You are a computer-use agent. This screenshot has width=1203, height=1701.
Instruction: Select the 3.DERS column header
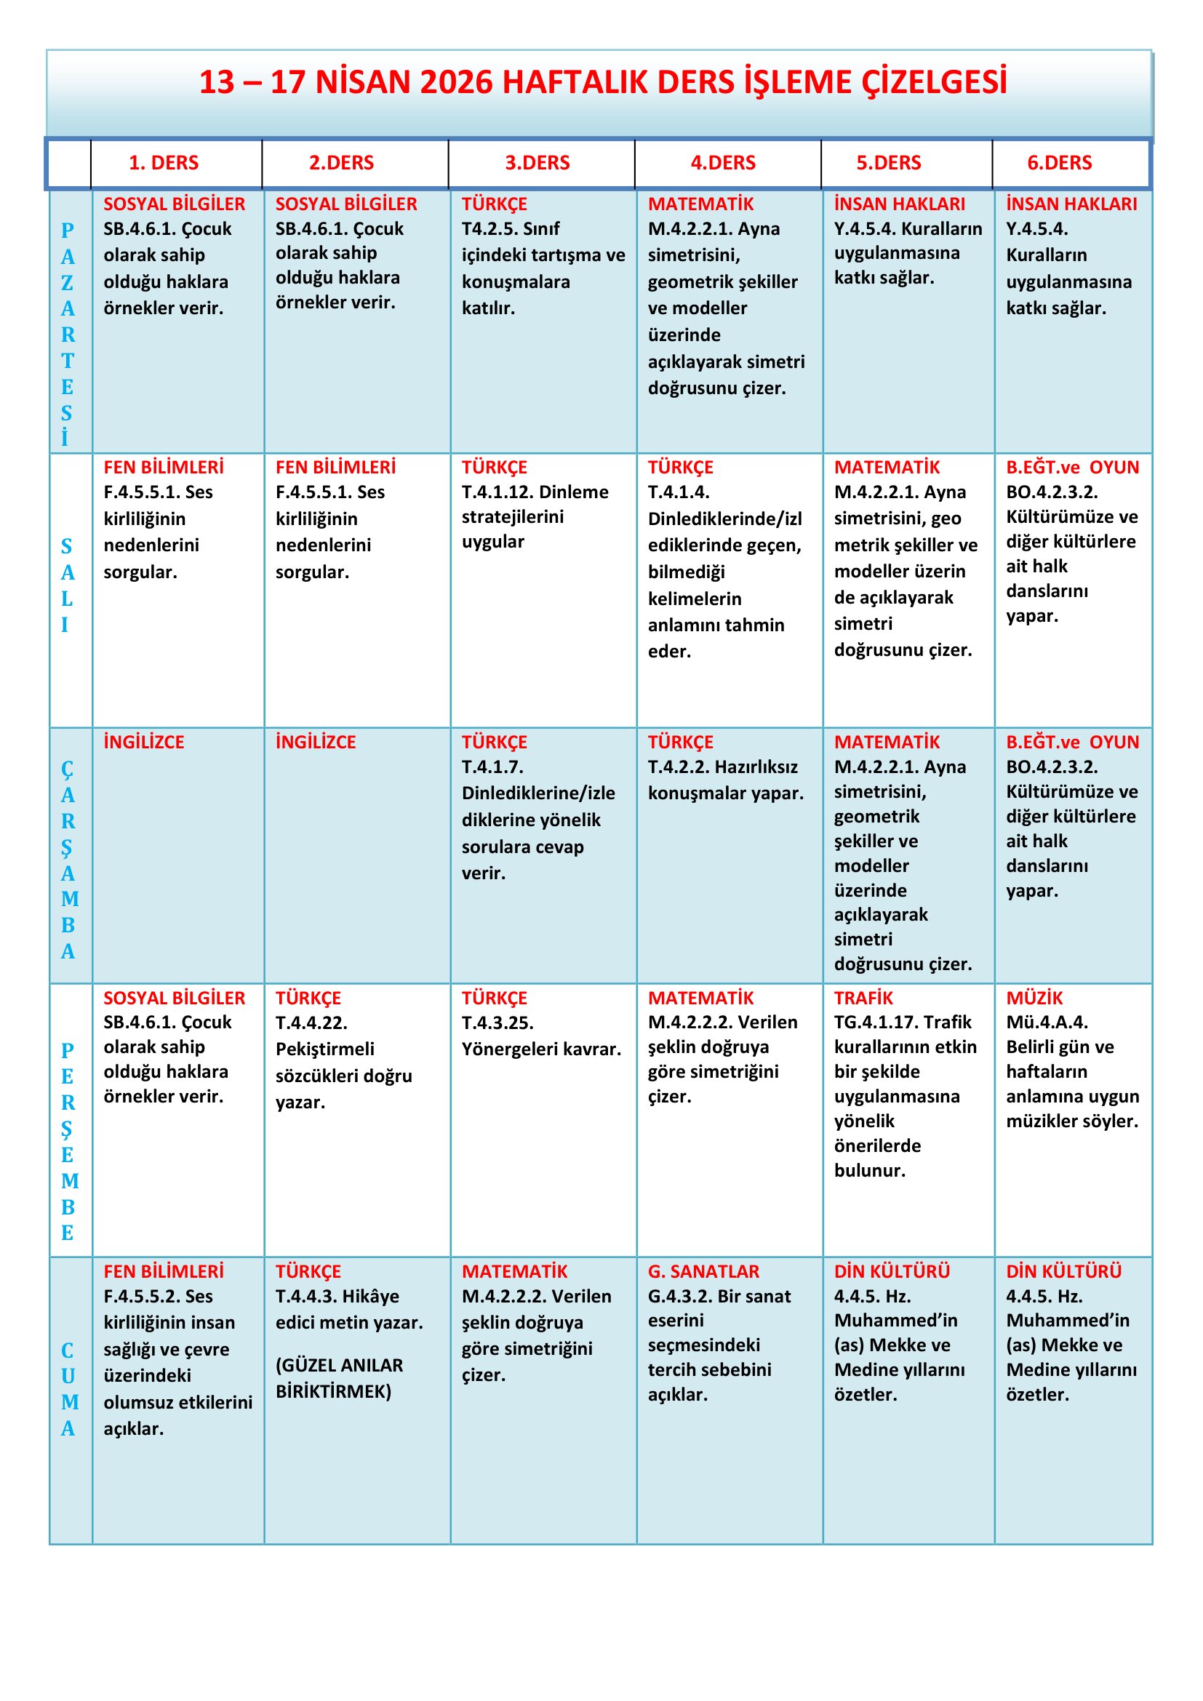pos(537,163)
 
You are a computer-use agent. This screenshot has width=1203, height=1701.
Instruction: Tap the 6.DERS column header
pos(1058,163)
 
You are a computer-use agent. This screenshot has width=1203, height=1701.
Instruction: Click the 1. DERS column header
pos(164,163)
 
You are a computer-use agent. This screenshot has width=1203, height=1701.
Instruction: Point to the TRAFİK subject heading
pos(863,998)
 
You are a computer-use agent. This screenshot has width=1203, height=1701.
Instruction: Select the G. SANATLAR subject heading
pos(703,1271)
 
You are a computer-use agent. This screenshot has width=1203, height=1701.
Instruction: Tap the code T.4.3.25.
pos(497,1022)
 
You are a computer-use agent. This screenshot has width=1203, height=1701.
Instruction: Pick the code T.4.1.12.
pos(504,492)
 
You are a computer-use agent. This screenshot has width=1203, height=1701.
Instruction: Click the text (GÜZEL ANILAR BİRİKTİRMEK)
pos(338,1378)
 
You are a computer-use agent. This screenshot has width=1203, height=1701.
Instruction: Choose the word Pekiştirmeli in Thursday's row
pos(324,1049)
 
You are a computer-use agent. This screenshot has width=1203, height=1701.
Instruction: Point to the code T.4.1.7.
pos(492,767)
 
